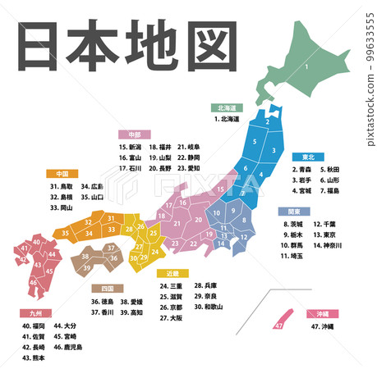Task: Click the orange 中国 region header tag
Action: click(x=62, y=174)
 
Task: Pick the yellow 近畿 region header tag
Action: click(x=173, y=273)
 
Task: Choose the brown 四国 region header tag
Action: click(x=107, y=289)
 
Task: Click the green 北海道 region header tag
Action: click(x=227, y=107)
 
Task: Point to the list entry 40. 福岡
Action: click(x=34, y=326)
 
